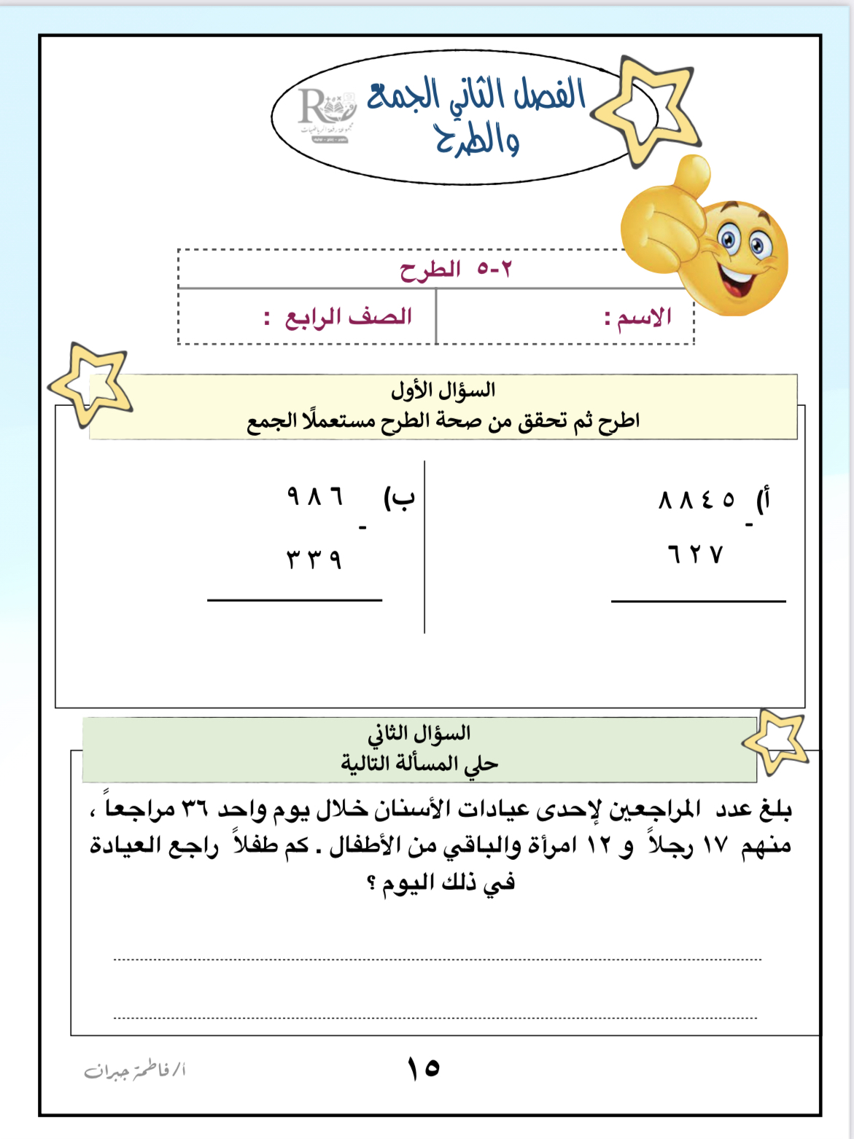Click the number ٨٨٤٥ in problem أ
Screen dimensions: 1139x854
coord(696,500)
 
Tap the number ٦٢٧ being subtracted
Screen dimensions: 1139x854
coord(694,555)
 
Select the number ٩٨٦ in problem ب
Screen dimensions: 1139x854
coord(314,497)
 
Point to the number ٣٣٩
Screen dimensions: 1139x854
coord(314,559)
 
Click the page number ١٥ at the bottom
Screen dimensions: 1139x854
coord(423,1068)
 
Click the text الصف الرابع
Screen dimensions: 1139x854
coord(348,317)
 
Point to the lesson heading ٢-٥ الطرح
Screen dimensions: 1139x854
coord(456,270)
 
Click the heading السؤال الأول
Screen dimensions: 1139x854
coord(443,391)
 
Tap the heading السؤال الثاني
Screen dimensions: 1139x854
coord(419,733)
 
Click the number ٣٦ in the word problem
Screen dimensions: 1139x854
coord(194,809)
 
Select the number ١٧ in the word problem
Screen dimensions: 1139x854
coord(715,846)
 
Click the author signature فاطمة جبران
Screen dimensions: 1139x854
coord(135,1070)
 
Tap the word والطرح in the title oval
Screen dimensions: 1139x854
coord(478,141)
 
